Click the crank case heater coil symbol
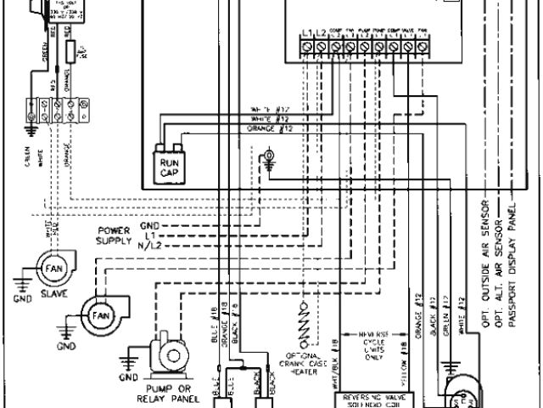(x=298, y=324)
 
